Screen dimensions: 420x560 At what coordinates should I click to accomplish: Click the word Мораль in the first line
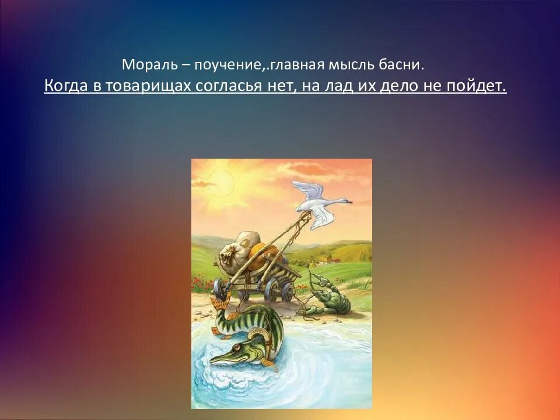143,64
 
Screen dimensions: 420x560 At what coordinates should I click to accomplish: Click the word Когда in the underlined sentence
65,86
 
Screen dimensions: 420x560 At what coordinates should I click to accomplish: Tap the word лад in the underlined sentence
345,86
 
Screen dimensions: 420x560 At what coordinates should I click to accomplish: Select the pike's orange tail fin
219,304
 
